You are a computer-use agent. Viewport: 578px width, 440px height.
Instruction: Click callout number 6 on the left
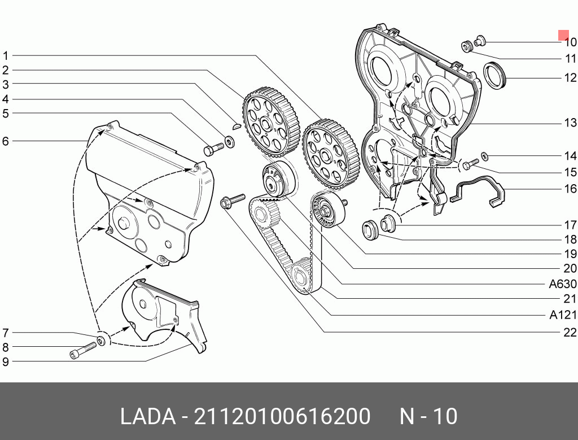(6, 141)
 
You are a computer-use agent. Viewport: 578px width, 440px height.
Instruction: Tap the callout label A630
(563, 284)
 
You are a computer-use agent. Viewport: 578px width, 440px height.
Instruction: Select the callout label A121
(563, 315)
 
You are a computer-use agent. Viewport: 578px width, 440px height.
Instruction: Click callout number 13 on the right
(570, 123)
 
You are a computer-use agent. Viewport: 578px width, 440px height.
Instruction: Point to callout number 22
(570, 332)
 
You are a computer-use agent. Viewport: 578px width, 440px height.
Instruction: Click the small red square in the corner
(563, 35)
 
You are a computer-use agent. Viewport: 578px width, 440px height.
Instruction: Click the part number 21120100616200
(282, 417)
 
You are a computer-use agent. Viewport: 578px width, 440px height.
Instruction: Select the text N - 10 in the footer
(428, 417)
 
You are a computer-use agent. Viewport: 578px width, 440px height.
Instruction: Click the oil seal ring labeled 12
(495, 76)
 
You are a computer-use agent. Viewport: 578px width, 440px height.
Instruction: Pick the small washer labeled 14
(484, 155)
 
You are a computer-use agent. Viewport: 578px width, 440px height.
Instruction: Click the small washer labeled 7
(102, 340)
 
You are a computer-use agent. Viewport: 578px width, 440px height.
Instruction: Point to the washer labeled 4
(230, 140)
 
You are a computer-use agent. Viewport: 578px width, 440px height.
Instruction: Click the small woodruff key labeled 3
(238, 127)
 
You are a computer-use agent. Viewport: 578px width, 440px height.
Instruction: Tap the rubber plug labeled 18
(370, 229)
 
